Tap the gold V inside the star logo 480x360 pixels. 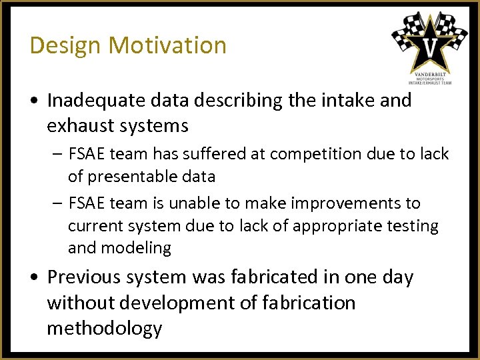tap(430, 47)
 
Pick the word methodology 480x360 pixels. tap(104, 329)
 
